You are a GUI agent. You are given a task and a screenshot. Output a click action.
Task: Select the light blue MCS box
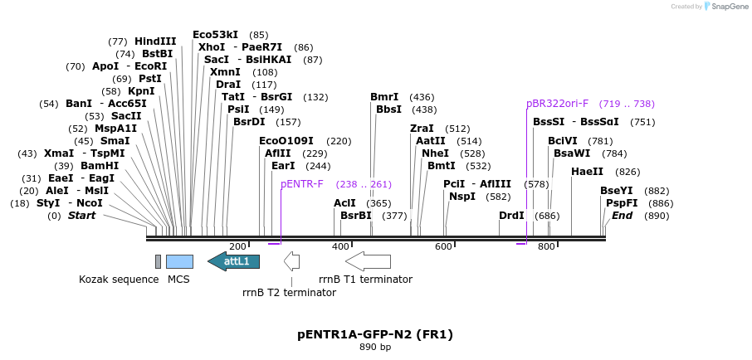179,261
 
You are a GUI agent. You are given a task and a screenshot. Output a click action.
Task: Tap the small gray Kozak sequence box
158,261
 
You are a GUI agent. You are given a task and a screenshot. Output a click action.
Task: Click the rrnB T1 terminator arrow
368,261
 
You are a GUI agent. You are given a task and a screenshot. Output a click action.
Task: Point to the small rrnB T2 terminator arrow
291,261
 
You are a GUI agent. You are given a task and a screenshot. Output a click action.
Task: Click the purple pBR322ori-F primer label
558,104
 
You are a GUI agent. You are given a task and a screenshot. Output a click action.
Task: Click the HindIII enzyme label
155,41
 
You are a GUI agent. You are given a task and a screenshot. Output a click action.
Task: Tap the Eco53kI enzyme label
215,35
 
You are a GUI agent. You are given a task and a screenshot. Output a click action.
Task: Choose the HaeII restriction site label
588,172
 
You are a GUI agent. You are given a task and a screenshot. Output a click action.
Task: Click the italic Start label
81,216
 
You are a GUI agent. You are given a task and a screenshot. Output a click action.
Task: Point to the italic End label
623,216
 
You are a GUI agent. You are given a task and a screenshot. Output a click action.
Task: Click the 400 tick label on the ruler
340,246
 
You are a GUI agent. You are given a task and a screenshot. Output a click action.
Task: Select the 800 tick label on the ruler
546,246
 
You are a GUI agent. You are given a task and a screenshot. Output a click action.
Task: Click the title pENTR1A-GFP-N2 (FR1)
375,334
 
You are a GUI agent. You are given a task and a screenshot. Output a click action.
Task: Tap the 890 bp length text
375,347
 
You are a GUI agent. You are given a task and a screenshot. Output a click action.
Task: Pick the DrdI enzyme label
511,216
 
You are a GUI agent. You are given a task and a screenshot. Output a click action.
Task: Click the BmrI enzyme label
384,97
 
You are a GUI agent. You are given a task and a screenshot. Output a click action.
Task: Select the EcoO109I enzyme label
286,141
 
